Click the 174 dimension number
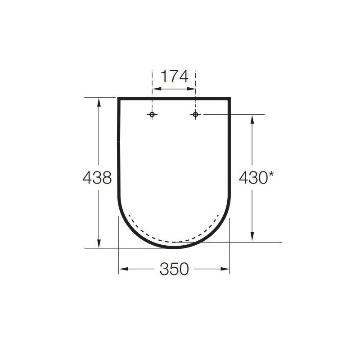coord(175,76)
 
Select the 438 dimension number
coord(97,177)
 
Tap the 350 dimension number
coord(174,269)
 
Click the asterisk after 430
coord(271,174)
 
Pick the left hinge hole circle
coord(152,114)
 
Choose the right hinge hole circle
coord(195,114)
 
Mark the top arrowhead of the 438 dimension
coord(99,102)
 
